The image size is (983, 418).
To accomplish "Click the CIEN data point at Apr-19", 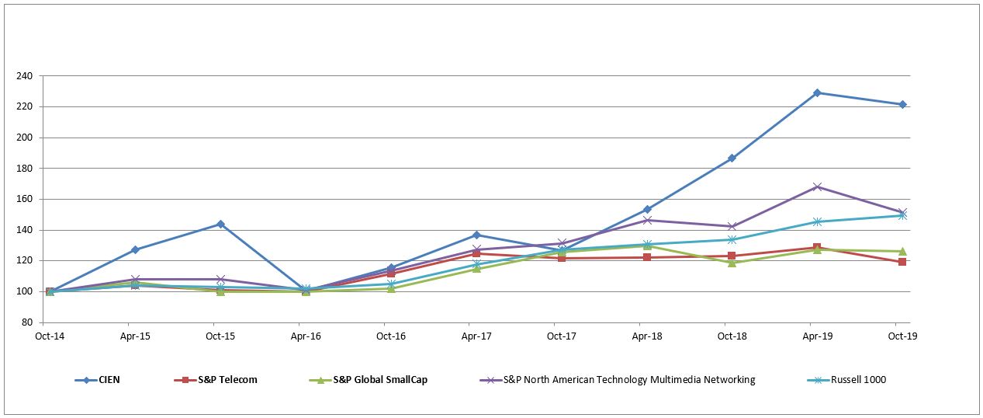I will tap(817, 92).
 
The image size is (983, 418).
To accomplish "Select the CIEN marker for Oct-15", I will tap(220, 224).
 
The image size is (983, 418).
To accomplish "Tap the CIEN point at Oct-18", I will tap(732, 158).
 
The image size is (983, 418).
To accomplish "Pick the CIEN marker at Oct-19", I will tap(902, 104).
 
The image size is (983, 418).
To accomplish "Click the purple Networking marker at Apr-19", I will tap(817, 186).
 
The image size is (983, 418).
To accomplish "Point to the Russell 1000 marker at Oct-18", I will tap(732, 239).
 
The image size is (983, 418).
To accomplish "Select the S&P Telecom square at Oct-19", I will tap(902, 262).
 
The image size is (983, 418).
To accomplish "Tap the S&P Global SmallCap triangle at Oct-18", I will tap(732, 263).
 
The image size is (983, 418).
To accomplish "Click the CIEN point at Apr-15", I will tap(135, 249).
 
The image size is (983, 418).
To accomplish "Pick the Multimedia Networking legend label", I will tap(628, 380).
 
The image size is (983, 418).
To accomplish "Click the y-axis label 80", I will tap(26, 322).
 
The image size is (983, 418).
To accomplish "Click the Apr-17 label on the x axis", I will tap(476, 336).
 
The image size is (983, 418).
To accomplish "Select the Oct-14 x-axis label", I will tap(50, 336).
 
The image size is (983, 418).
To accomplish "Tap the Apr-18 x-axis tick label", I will tap(647, 336).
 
